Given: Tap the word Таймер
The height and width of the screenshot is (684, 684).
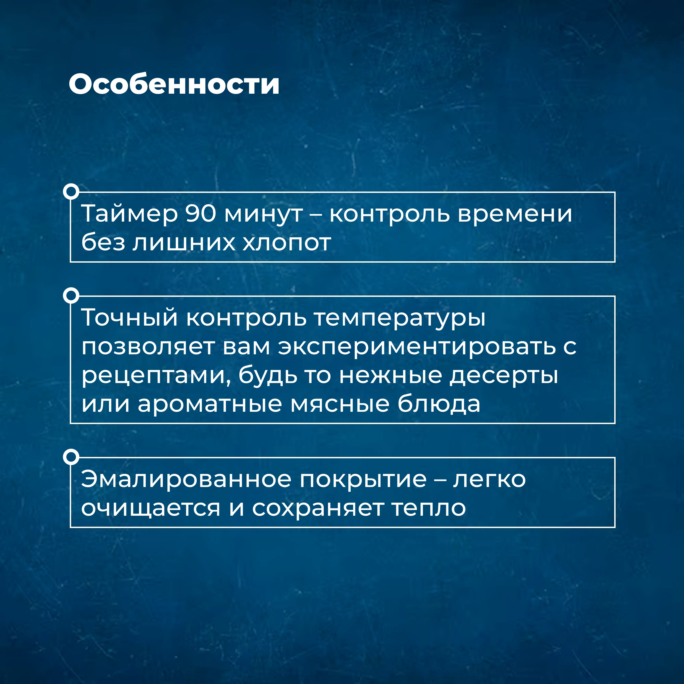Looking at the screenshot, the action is (130, 214).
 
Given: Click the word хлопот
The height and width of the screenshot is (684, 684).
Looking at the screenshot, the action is (287, 243).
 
